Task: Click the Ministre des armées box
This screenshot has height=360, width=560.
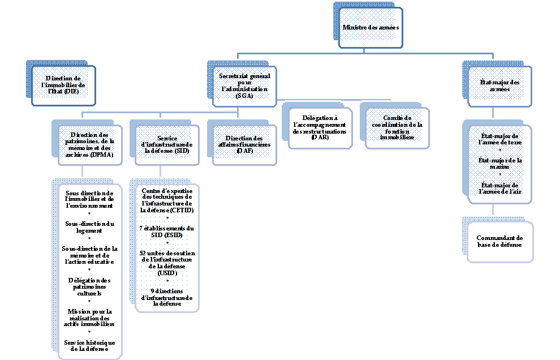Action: (371, 27)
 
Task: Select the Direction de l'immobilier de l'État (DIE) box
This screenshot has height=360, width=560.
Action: (63, 85)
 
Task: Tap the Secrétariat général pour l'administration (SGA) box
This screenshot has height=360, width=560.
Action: (244, 86)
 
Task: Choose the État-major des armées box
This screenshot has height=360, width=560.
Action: (499, 86)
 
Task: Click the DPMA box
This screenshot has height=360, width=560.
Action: (90, 144)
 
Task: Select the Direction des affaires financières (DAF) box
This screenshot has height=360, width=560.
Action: (244, 145)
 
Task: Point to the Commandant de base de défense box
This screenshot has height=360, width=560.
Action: (499, 242)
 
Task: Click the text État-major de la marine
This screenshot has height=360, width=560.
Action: (499, 164)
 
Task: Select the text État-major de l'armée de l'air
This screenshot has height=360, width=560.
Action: (499, 188)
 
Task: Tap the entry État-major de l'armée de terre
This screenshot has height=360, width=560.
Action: (499, 139)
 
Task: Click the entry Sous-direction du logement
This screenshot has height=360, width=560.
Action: (90, 227)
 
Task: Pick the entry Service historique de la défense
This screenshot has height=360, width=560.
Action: (90, 346)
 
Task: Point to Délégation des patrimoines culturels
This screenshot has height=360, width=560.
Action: (90, 287)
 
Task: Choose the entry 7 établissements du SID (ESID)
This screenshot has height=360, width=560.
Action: (167, 232)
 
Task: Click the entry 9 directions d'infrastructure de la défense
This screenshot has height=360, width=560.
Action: (167, 297)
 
